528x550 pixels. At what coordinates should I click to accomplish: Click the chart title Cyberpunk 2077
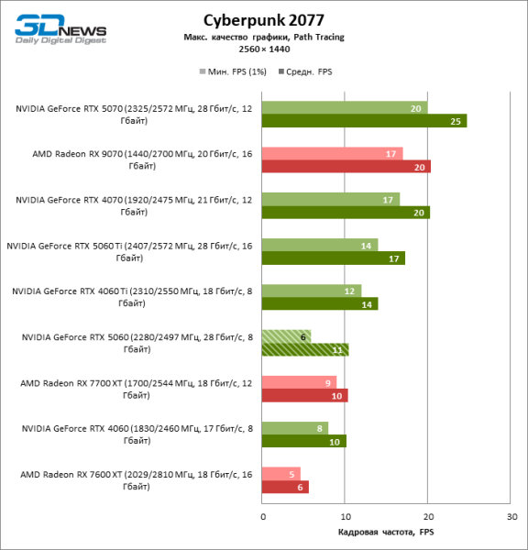click(x=264, y=19)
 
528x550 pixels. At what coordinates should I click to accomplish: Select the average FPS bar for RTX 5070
click(x=364, y=121)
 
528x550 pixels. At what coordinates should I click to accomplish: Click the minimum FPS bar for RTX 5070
click(x=345, y=107)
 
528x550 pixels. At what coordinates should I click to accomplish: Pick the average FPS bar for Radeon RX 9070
click(x=346, y=167)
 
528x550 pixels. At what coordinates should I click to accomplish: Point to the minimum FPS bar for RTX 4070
click(x=331, y=199)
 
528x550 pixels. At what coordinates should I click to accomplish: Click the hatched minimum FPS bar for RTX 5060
click(x=287, y=336)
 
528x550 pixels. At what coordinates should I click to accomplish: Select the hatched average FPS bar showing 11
click(x=305, y=350)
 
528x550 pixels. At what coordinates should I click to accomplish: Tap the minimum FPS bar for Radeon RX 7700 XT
click(x=300, y=382)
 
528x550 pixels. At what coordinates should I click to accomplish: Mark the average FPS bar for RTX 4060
click(x=304, y=442)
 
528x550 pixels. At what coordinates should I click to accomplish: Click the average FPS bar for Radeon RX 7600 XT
click(x=285, y=488)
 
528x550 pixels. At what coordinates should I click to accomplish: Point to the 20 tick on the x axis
click(x=428, y=518)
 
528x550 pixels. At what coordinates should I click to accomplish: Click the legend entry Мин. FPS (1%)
click(x=234, y=70)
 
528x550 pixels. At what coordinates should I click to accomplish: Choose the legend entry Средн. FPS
click(x=308, y=70)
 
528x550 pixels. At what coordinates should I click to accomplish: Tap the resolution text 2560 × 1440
click(x=264, y=49)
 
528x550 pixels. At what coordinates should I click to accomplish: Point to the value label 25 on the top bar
click(x=456, y=121)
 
